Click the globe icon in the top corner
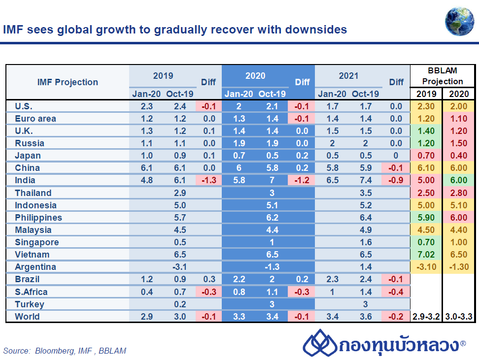tap(459, 19)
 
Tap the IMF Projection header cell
tap(68, 82)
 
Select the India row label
tap(25, 180)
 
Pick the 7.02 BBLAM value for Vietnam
tap(426, 255)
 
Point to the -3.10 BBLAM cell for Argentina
tap(426, 267)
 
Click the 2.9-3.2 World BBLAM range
tap(426, 317)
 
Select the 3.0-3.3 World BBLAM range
tap(458, 317)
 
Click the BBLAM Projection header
tap(443, 76)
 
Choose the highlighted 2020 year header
tap(255, 76)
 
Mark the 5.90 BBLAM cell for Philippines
tap(426, 217)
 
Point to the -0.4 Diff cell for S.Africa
tap(396, 292)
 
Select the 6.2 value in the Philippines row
tap(272, 217)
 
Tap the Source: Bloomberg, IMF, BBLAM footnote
tap(65, 351)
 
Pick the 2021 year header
tap(348, 76)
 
